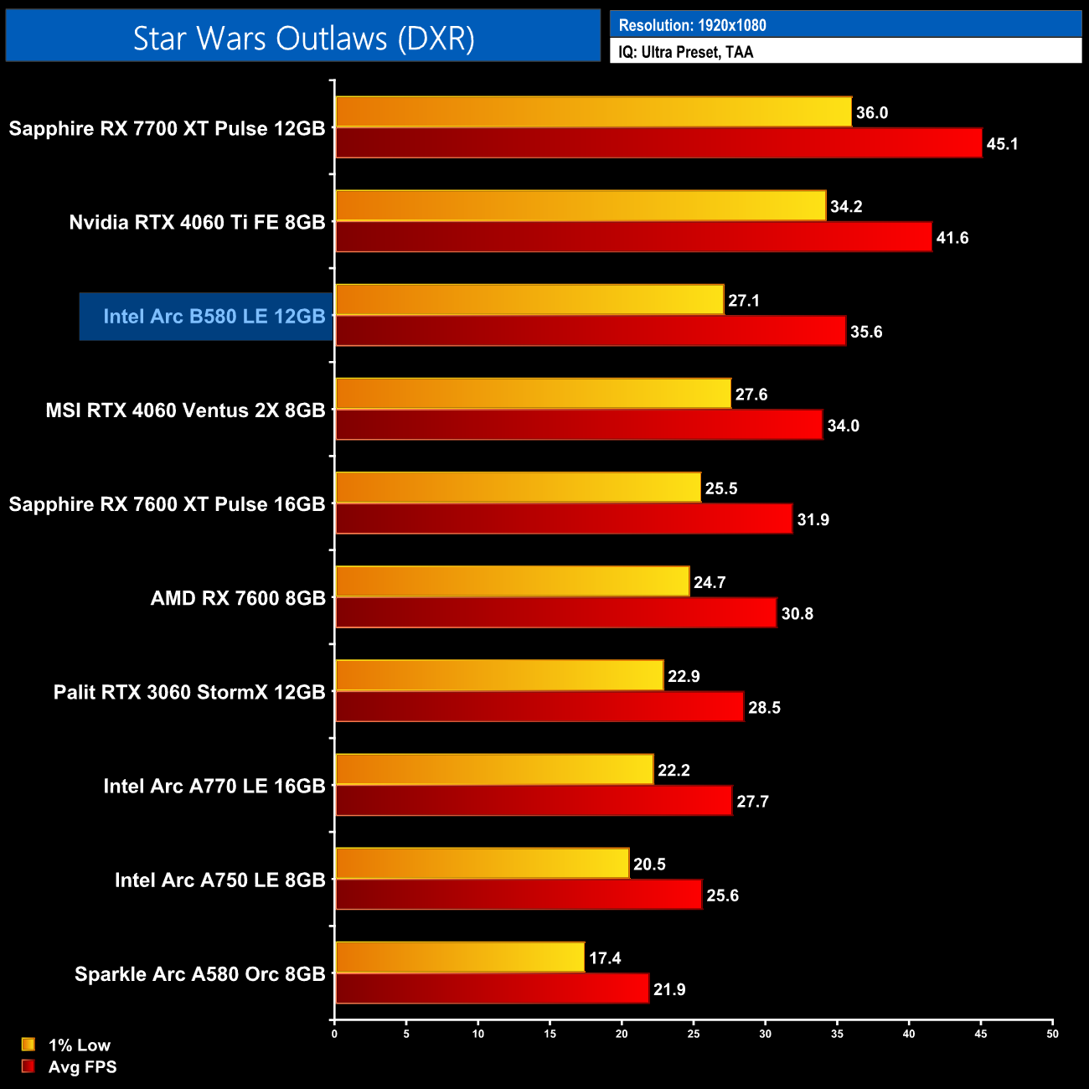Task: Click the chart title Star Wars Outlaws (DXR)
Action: pyautogui.click(x=303, y=39)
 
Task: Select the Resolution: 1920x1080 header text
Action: pyautogui.click(x=692, y=25)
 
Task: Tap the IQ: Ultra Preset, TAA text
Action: pyautogui.click(x=685, y=52)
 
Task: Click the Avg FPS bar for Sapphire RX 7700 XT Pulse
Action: pyautogui.click(x=658, y=143)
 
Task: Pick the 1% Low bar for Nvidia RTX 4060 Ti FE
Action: pyautogui.click(x=581, y=206)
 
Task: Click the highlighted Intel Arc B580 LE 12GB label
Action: pyautogui.click(x=214, y=317)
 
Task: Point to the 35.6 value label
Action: pyautogui.click(x=866, y=332)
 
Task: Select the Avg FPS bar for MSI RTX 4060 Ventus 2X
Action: pyautogui.click(x=579, y=425)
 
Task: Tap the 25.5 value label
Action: pyautogui.click(x=721, y=488)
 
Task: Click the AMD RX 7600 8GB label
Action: pyautogui.click(x=238, y=598)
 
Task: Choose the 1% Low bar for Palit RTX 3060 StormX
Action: pyautogui.click(x=499, y=675)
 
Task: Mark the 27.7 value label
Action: pyautogui.click(x=752, y=802)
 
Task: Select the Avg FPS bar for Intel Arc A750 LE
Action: pyautogui.click(x=519, y=895)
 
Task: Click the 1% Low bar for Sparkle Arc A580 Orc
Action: pyautogui.click(x=460, y=957)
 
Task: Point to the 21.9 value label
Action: pyautogui.click(x=669, y=989)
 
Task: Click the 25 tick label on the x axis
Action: pyautogui.click(x=694, y=1034)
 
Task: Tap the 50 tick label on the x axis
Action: pyautogui.click(x=1052, y=1034)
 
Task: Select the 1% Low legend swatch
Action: pyautogui.click(x=28, y=1045)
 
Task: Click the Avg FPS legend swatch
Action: pyautogui.click(x=28, y=1066)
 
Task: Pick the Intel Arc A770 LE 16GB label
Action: pyautogui.click(x=214, y=786)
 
